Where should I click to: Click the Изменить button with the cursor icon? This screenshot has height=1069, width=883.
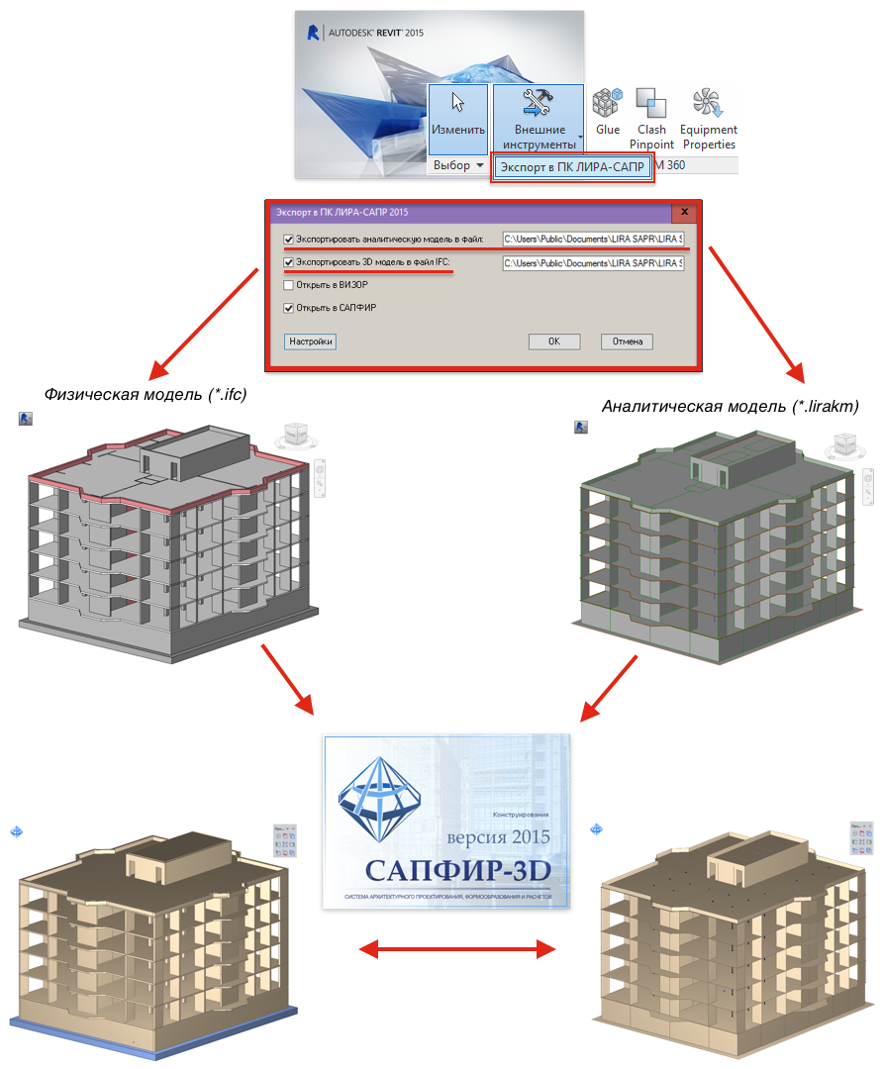458,117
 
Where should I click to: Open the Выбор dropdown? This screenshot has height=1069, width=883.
458,165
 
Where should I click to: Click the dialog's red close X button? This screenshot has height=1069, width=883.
683,212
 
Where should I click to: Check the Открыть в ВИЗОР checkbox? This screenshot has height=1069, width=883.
289,285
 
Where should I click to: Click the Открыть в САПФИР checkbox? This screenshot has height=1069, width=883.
289,308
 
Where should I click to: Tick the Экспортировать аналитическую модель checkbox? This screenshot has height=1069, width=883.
289,239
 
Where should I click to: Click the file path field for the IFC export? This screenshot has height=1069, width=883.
592,263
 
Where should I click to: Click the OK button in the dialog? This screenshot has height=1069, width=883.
554,341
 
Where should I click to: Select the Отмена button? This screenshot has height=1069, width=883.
627,341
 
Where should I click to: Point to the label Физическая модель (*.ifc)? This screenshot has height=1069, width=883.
145,394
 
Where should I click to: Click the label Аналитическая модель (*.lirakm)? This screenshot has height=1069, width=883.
731,406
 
